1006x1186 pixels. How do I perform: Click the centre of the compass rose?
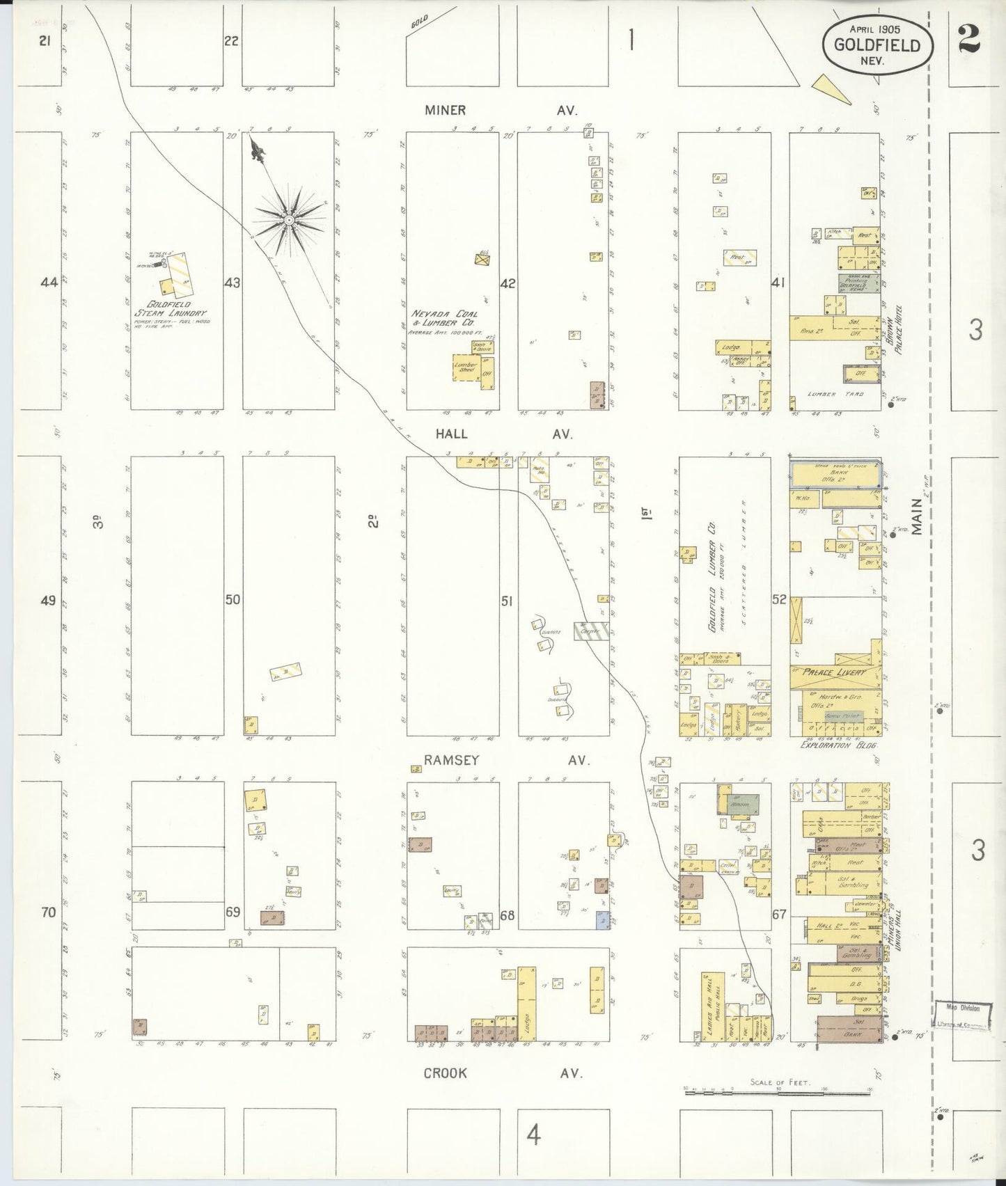[x=288, y=220]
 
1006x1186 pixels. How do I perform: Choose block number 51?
[x=506, y=600]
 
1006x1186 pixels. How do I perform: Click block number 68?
[x=507, y=915]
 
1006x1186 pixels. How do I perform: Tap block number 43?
[x=232, y=283]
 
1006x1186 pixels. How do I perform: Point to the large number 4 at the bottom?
[x=533, y=1137]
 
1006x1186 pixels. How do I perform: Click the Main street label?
[x=918, y=519]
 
